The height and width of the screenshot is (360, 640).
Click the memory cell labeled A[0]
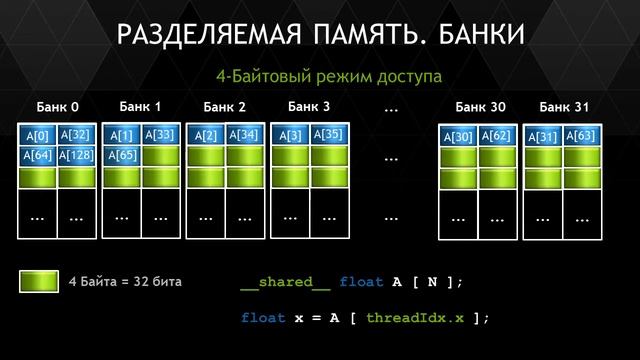(x=38, y=135)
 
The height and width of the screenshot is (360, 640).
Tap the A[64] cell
(x=38, y=155)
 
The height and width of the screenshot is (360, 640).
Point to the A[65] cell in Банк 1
(x=122, y=155)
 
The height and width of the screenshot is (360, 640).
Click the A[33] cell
(x=160, y=134)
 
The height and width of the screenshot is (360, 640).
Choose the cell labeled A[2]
(x=206, y=135)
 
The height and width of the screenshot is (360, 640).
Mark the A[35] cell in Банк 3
(x=330, y=134)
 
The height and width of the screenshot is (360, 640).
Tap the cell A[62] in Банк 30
(x=496, y=136)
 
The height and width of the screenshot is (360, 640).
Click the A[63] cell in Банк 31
(x=580, y=136)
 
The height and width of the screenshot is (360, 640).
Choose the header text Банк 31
(x=565, y=107)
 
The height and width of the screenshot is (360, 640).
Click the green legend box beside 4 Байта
(x=39, y=282)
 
